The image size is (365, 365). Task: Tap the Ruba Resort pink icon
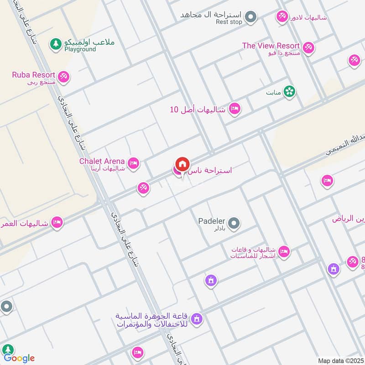(x=63, y=77)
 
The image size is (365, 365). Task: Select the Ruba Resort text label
(x=34, y=75)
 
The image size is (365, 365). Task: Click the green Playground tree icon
(x=56, y=44)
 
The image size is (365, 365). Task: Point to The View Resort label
(x=271, y=46)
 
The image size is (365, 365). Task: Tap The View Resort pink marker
(x=309, y=47)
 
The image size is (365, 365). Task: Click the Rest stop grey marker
(x=250, y=18)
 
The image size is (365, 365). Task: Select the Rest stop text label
(x=229, y=22)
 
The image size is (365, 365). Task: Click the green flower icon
(x=289, y=92)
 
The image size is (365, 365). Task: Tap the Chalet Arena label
(x=102, y=161)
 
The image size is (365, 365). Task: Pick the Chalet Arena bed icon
(x=133, y=163)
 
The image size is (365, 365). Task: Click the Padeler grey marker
(x=234, y=224)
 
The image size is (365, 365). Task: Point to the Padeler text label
(x=212, y=221)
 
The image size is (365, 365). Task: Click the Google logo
(x=19, y=358)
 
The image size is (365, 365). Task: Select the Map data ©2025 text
(x=340, y=360)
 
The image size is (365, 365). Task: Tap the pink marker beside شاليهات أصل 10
(x=235, y=109)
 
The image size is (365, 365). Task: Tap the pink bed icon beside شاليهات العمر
(x=57, y=223)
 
